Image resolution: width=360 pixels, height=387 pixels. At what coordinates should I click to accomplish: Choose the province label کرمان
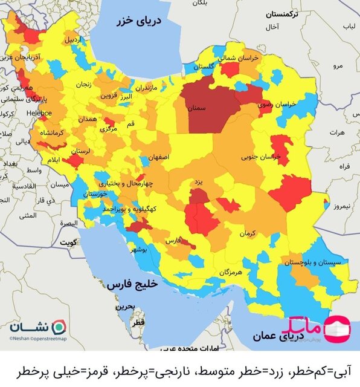[x=247, y=232]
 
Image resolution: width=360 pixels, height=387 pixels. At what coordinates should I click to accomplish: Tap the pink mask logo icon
[x=336, y=327]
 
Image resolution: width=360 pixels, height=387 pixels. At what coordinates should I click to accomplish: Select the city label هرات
[x=336, y=131]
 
